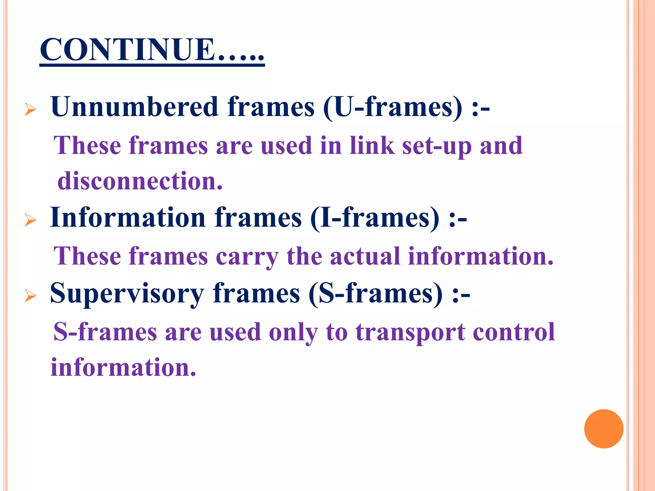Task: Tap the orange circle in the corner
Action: (x=604, y=429)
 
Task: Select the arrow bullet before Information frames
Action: (x=30, y=220)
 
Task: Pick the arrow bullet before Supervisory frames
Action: (x=30, y=296)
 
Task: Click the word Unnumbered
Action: (x=134, y=107)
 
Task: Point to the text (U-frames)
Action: (x=393, y=107)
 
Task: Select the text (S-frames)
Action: (x=376, y=293)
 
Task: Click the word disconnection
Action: (x=140, y=181)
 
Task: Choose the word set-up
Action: (x=437, y=146)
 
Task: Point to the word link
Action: (x=372, y=145)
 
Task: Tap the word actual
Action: (x=365, y=256)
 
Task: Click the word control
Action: (x=514, y=332)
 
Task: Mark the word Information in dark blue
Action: (x=128, y=218)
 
